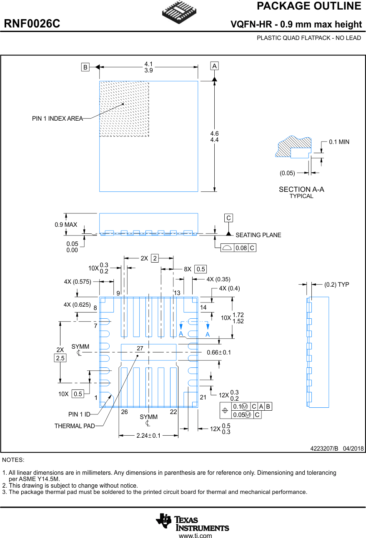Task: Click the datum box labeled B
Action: (85, 67)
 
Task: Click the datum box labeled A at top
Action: (214, 66)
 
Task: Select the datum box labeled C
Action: (228, 218)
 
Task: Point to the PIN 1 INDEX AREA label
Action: (57, 119)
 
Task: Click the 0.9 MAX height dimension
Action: (66, 225)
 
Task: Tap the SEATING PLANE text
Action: (258, 235)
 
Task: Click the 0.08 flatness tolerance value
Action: (241, 248)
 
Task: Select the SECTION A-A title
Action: (301, 189)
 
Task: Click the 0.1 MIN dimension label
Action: (339, 142)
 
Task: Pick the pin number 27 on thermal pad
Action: (140, 348)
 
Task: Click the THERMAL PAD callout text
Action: (75, 426)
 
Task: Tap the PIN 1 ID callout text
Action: (79, 414)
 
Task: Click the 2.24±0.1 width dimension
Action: (148, 436)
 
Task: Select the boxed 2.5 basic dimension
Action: (60, 358)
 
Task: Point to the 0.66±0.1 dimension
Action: (219, 352)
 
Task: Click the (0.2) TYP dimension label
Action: (336, 285)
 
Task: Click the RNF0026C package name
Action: (32, 24)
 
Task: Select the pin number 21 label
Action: (203, 397)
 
